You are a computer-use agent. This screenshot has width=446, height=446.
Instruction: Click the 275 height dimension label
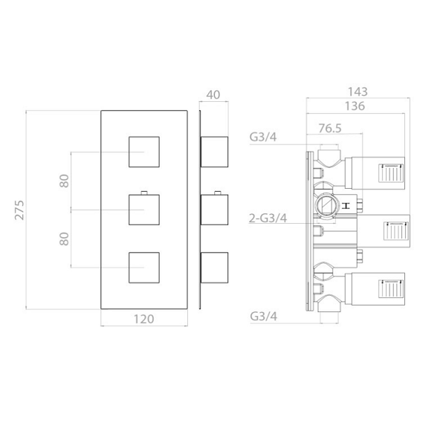click(19, 210)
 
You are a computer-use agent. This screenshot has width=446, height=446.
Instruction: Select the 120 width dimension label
click(143, 319)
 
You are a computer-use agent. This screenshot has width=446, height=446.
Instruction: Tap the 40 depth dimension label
click(213, 94)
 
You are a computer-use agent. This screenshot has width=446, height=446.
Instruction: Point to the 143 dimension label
click(358, 91)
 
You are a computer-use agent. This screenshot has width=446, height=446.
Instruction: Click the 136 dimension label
click(355, 106)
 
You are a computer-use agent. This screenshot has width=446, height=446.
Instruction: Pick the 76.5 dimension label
click(330, 129)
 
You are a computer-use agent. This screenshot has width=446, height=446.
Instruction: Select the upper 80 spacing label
click(65, 181)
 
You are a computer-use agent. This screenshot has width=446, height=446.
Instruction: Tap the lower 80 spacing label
click(65, 239)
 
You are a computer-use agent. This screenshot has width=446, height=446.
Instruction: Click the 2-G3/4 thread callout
click(268, 218)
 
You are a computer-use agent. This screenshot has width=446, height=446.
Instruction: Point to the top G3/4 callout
click(263, 137)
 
